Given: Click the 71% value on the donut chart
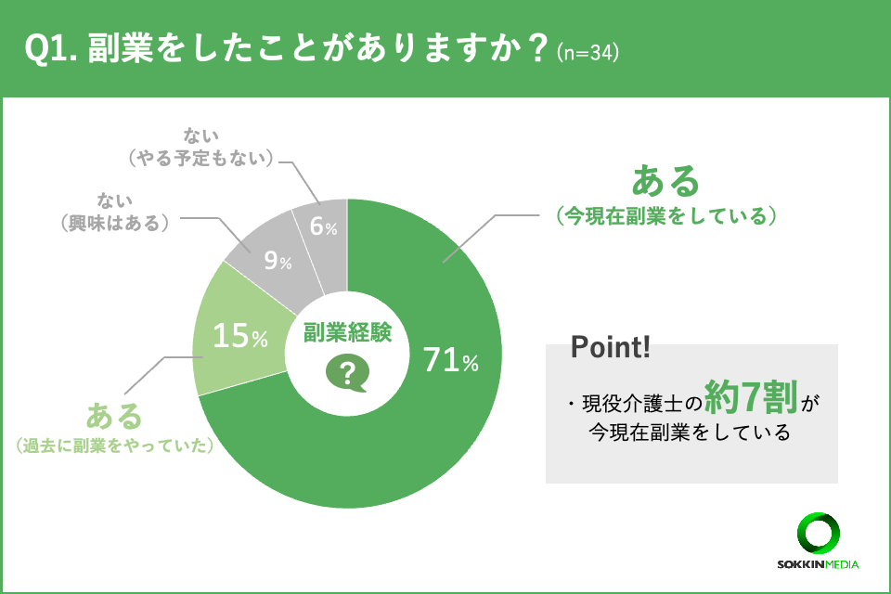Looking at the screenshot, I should [x=450, y=361].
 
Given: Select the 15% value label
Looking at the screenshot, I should [x=239, y=337].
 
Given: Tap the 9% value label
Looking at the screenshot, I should [x=278, y=262].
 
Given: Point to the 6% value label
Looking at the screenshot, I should [x=323, y=226].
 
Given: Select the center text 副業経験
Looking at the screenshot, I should [x=347, y=332].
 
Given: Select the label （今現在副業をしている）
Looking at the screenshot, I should [x=665, y=217].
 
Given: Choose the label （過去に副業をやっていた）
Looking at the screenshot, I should [x=115, y=446].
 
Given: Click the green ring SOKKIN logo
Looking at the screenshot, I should [x=818, y=534].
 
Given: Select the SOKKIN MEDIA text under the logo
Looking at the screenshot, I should [x=818, y=564].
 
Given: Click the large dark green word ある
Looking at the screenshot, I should [x=665, y=181].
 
